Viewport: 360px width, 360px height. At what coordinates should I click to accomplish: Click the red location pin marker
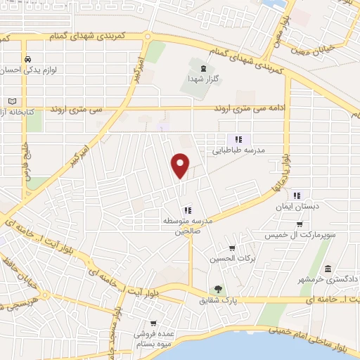pyautogui.click(x=181, y=165)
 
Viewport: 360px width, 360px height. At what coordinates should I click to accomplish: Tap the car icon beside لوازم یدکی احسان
pyautogui.click(x=28, y=59)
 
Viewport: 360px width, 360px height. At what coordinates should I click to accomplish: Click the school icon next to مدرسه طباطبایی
pyautogui.click(x=238, y=139)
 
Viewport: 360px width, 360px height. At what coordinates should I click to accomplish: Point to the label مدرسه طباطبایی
pyautogui.click(x=238, y=150)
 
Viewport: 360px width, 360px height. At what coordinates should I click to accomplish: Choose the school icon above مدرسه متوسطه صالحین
pyautogui.click(x=186, y=209)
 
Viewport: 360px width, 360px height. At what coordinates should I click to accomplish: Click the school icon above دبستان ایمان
pyautogui.click(x=297, y=195)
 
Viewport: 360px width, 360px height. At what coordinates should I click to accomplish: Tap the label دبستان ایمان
pyautogui.click(x=297, y=206)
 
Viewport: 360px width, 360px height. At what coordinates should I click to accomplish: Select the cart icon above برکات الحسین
pyautogui.click(x=232, y=248)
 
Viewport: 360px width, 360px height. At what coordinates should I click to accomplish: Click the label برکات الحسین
pyautogui.click(x=232, y=259)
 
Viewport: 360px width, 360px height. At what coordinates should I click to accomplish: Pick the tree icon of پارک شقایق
pyautogui.click(x=218, y=289)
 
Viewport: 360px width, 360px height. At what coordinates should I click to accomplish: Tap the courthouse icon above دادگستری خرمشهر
pyautogui.click(x=328, y=269)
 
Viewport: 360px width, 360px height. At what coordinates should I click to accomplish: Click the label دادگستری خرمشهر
pyautogui.click(x=328, y=280)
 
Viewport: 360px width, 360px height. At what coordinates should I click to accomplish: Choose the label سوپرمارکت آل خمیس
pyautogui.click(x=295, y=234)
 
